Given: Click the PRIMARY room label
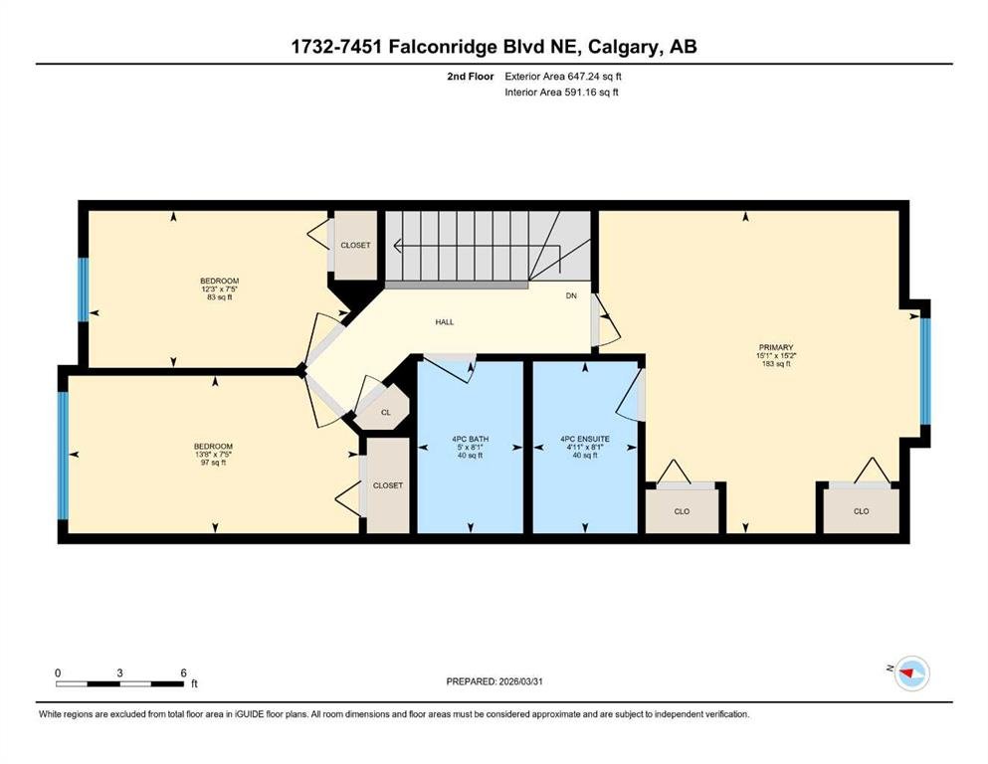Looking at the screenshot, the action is pos(776,347).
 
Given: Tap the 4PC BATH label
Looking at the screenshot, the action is pos(470,439).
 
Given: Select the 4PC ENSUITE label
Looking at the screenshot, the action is pos(585,439).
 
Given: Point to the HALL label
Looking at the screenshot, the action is pos(444,322).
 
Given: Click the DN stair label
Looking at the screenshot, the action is pos(571,295).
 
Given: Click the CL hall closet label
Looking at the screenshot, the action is pos(386,413).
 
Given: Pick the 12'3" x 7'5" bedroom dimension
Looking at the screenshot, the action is pos(219,289).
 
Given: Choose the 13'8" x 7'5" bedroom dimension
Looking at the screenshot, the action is pos(213,455).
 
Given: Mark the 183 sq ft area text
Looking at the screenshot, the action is pos(776,363).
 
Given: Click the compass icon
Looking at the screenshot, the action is pos(912,673).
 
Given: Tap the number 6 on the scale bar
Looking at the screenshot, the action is pos(183,672).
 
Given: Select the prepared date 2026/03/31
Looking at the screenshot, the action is pos(520,681).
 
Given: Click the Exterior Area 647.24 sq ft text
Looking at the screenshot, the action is pos(563,77).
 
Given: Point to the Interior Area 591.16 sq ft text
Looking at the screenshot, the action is pos(561,93).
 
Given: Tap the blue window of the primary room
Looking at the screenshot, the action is pos(925,372).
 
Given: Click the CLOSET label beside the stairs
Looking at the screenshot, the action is pos(355,245).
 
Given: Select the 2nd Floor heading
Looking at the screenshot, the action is pos(471,77).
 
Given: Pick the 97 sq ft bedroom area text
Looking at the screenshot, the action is pos(213,463).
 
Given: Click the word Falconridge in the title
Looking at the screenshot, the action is pos(443,47).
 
